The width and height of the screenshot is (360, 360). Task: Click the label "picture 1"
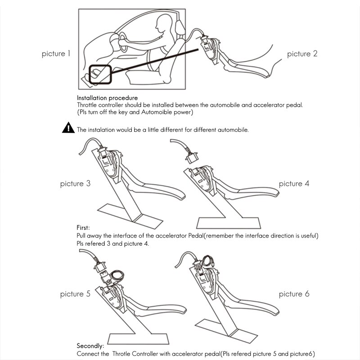(x=56, y=54)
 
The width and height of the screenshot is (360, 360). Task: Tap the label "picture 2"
(x=302, y=54)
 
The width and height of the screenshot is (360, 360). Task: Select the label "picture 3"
(x=75, y=184)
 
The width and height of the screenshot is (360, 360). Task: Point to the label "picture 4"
(x=294, y=184)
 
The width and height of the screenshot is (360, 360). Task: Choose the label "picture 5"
(x=75, y=294)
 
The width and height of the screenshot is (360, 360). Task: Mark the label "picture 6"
(x=294, y=294)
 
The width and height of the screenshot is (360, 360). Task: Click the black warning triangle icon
(x=68, y=128)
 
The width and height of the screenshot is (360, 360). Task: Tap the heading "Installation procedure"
(x=107, y=98)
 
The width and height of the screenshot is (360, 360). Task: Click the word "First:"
(x=83, y=228)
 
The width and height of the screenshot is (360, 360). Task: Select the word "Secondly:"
(x=90, y=346)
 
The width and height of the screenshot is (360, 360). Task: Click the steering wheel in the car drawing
(x=123, y=42)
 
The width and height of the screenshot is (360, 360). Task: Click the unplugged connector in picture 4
(x=192, y=158)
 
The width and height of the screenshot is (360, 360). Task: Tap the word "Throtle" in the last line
(x=121, y=354)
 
